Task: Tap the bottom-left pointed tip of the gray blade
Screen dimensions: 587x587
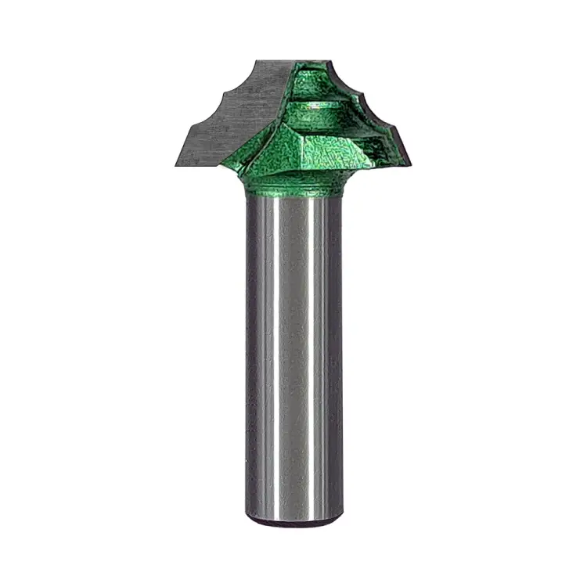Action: click(174, 166)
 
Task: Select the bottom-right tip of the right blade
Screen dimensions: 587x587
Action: click(409, 163)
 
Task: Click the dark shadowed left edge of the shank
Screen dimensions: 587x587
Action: click(252, 352)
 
